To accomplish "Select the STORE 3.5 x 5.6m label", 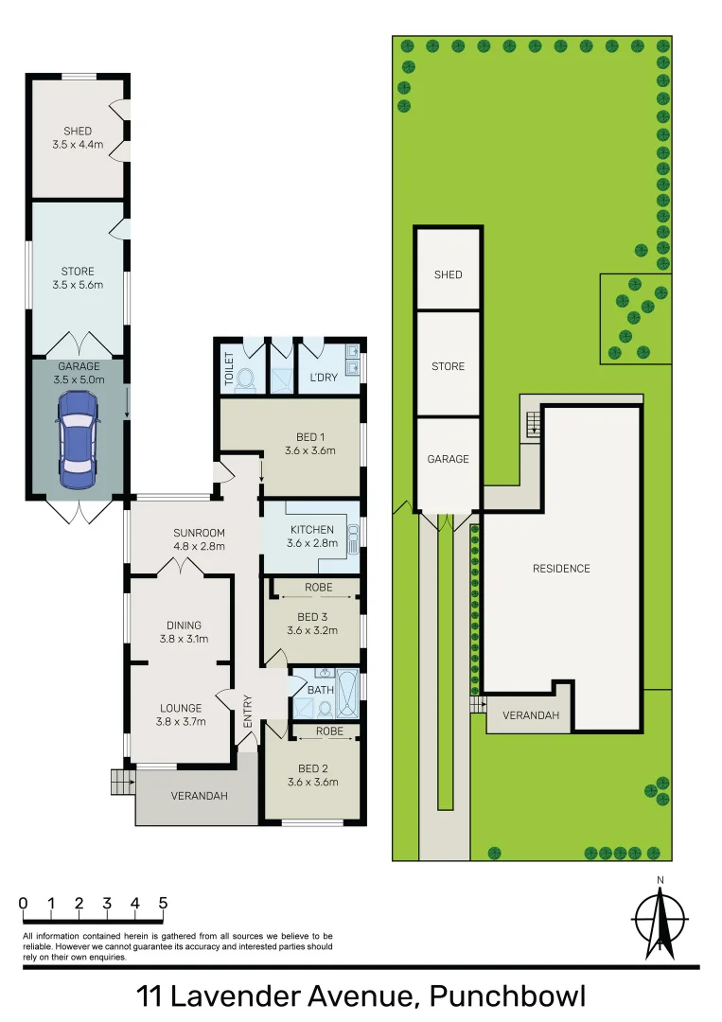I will click(x=78, y=278).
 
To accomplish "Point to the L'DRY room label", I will click(x=324, y=378).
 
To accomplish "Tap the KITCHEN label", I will click(x=312, y=537).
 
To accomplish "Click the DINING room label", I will click(x=184, y=631).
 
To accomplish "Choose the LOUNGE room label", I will click(x=180, y=714).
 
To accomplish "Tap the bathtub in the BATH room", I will click(x=347, y=696).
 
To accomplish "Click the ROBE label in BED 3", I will click(x=317, y=588).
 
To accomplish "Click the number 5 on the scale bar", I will click(x=163, y=903).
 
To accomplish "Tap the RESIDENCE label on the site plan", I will click(x=560, y=569).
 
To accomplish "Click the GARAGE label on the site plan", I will click(x=448, y=459).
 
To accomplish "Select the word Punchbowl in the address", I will click(x=507, y=996).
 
